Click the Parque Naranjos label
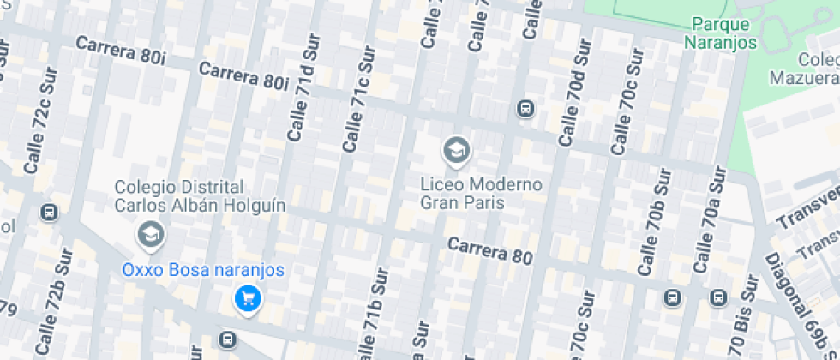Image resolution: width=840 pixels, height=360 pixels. (721, 33)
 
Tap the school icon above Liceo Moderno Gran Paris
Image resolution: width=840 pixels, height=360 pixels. (456, 152)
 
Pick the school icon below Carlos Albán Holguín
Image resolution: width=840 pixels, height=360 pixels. (151, 233)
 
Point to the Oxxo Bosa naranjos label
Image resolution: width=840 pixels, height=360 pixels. (202, 270)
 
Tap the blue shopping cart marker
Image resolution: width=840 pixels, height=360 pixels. (248, 298)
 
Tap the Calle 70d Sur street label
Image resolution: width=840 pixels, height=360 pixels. (574, 93)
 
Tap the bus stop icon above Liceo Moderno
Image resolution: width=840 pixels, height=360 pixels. (525, 109)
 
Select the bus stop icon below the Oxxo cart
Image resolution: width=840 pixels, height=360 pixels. (227, 339)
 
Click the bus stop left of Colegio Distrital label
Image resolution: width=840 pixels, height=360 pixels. (50, 212)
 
